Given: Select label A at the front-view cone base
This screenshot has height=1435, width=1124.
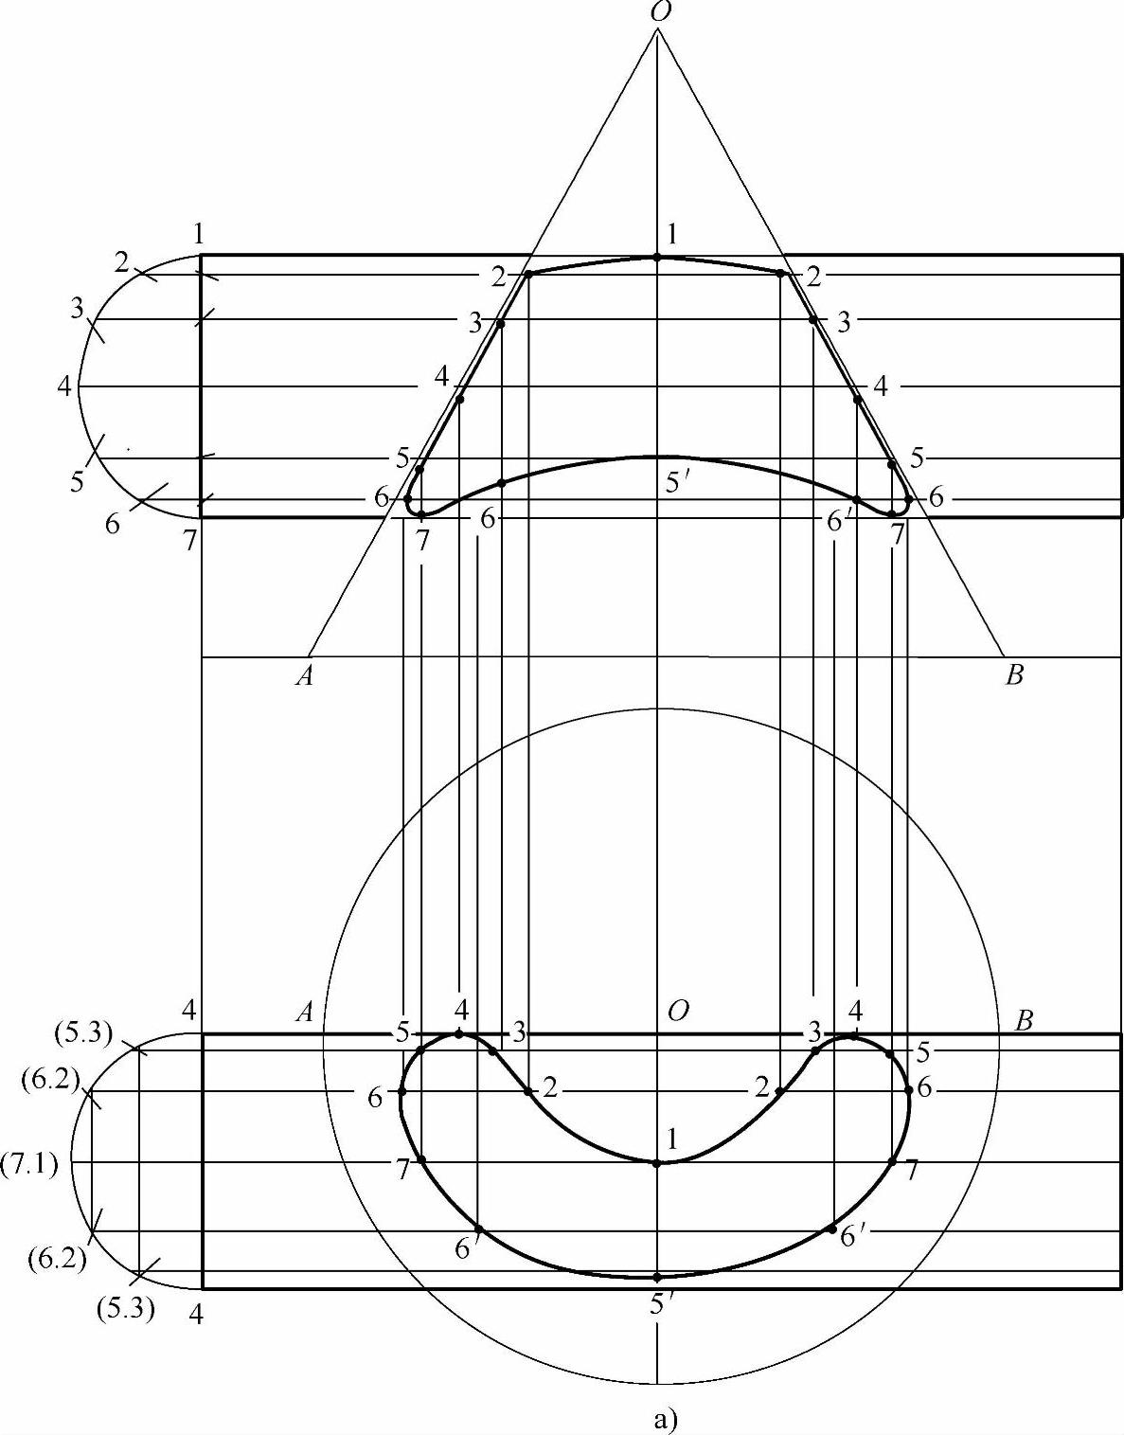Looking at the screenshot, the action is [305, 677].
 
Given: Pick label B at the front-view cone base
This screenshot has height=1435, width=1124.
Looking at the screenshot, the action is [1014, 676].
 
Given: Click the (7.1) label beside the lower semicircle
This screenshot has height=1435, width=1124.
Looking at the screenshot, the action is [30, 1163].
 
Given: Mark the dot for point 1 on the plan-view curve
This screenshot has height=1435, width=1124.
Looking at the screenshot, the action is [657, 1163].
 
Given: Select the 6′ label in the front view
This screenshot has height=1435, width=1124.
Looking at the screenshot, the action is [837, 522].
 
